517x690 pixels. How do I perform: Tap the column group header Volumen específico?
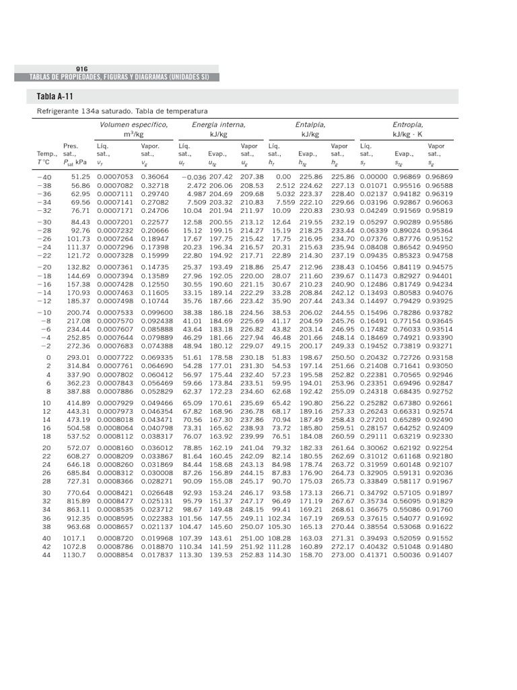pyautogui.click(x=134, y=125)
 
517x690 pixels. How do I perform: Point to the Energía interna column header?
pyautogui.click(x=219, y=125)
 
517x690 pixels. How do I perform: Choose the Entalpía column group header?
pyautogui.click(x=310, y=125)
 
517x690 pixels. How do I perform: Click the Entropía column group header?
pyautogui.click(x=408, y=125)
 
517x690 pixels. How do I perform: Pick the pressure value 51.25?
pyautogui.click(x=80, y=177)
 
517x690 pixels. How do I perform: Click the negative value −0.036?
pyautogui.click(x=193, y=177)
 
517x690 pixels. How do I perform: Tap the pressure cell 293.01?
pyautogui.click(x=78, y=356)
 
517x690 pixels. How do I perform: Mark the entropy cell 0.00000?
pyautogui.click(x=374, y=177)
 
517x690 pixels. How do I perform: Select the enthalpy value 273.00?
pyautogui.click(x=343, y=555)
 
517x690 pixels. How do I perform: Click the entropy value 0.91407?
pyautogui.click(x=439, y=555)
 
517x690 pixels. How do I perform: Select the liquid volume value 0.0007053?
pyautogui.click(x=114, y=177)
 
